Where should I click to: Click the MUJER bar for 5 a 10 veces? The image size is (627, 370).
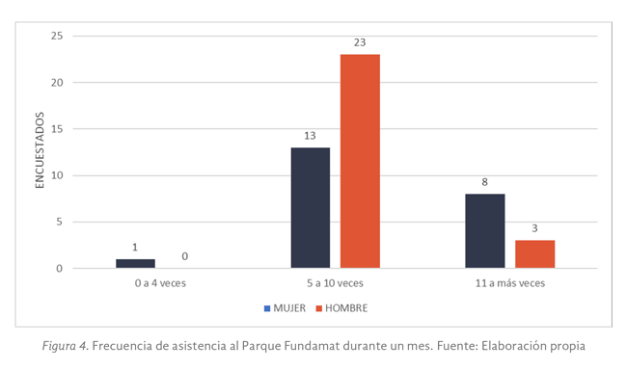coord(310,207)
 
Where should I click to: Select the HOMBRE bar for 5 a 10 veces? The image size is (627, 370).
coord(360,161)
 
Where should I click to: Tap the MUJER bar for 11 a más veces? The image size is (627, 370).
coord(484,230)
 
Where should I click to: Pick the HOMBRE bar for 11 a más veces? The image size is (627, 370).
coord(534,253)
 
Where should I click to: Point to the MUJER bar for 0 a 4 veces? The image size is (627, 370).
coord(135,263)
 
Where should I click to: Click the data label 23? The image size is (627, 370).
coord(360,42)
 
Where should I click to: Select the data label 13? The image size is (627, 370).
coord(310,136)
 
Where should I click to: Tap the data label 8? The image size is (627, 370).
coord(484,182)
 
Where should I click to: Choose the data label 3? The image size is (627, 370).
coord(534,228)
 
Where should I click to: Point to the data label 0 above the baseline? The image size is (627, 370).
coord(184,256)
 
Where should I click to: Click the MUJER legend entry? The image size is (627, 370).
coord(286,308)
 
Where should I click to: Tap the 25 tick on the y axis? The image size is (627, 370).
coord(56,36)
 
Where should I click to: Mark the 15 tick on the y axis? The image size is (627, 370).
coord(56,129)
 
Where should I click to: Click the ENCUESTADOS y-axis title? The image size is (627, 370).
coord(40,152)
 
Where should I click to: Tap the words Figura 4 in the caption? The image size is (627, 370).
coord(70,345)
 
